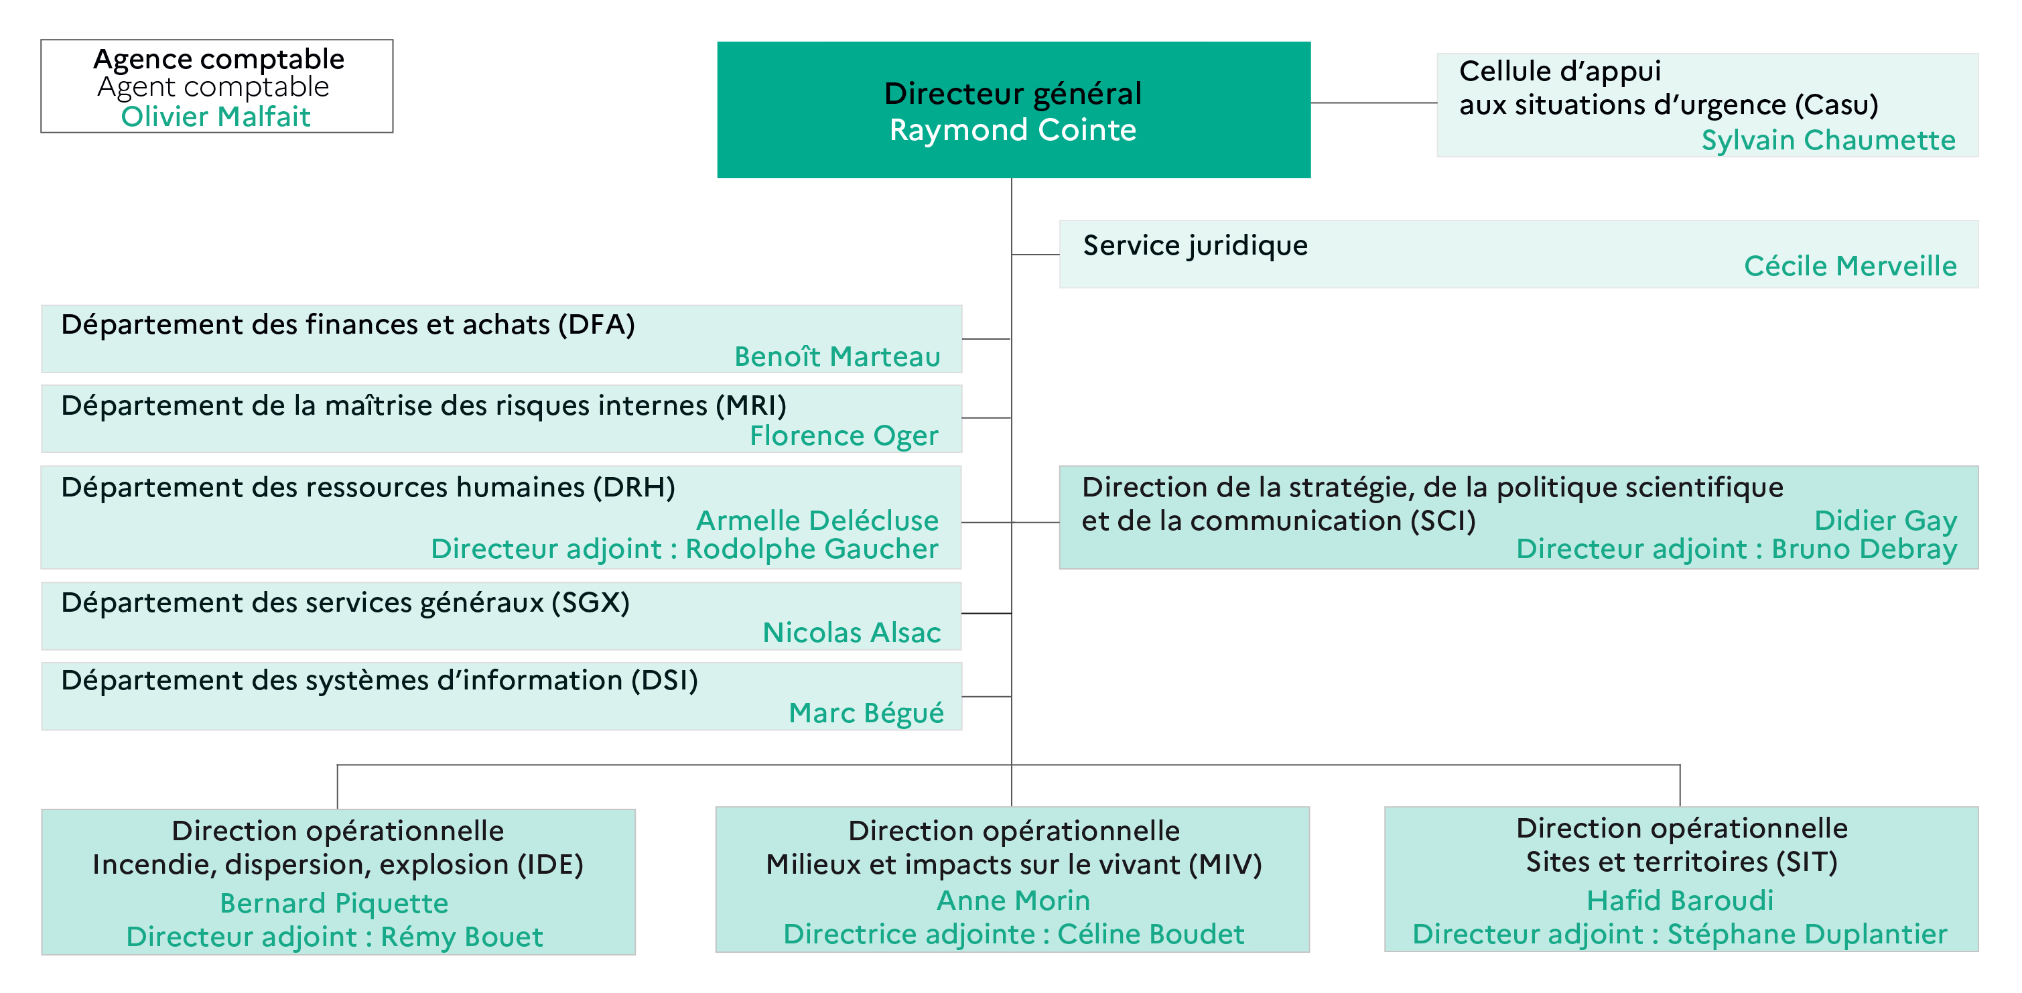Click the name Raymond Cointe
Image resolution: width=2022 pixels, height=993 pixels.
click(1012, 129)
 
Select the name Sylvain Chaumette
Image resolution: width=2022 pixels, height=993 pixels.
click(1828, 140)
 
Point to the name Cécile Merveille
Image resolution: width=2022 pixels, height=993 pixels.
click(1850, 266)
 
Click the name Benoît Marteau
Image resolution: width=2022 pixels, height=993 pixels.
click(837, 356)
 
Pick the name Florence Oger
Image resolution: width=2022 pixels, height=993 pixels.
click(844, 436)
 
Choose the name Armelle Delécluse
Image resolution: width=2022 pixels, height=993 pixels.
click(817, 520)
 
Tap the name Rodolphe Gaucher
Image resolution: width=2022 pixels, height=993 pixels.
click(811, 549)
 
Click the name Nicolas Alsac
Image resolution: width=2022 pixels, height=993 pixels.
click(852, 633)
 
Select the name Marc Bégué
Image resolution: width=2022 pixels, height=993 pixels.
click(866, 713)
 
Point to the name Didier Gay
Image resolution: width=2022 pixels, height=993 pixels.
click(1885, 521)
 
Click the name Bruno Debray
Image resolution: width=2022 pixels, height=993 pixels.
click(1865, 549)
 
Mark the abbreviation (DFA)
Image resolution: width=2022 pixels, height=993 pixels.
click(596, 324)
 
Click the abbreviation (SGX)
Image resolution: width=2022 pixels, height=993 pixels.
click(590, 602)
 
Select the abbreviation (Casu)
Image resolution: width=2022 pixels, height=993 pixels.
click(1837, 105)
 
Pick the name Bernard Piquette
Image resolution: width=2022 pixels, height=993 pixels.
click(334, 903)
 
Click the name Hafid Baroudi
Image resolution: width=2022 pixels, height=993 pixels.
click(1680, 901)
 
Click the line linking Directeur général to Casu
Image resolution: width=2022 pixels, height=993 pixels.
click(1373, 103)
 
